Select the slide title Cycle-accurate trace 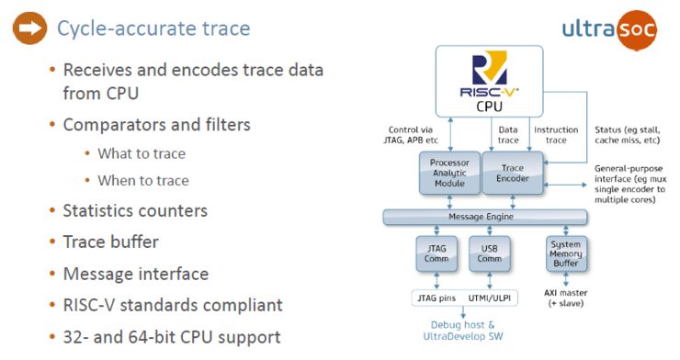tap(153, 28)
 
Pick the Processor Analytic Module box tap(449, 173)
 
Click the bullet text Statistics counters tap(135, 210)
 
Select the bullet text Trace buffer tap(110, 242)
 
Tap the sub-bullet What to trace tap(142, 153)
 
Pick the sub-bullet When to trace tap(143, 180)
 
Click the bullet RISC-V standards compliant tap(172, 304)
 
